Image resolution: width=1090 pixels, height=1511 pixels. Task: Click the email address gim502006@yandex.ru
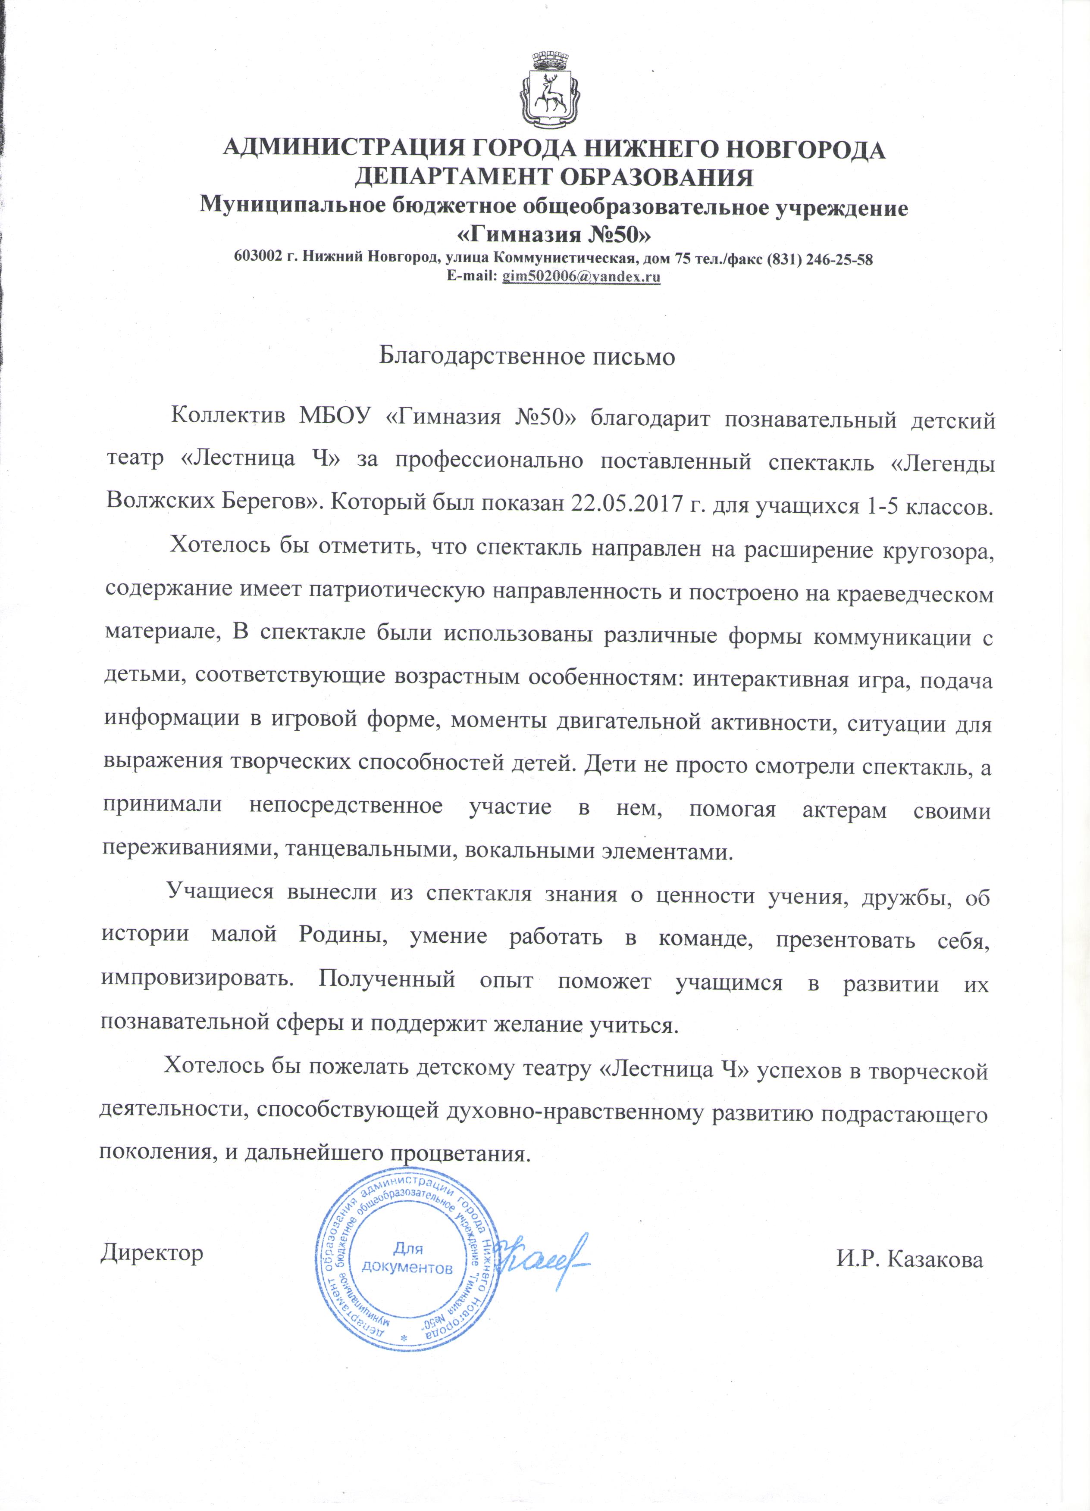pos(581,277)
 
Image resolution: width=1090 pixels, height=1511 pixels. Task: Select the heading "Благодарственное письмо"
pos(526,356)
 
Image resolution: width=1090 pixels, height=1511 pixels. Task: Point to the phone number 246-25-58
pos(839,260)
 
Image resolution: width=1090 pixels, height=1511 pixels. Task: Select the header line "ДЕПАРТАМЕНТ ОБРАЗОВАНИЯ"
pos(553,177)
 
